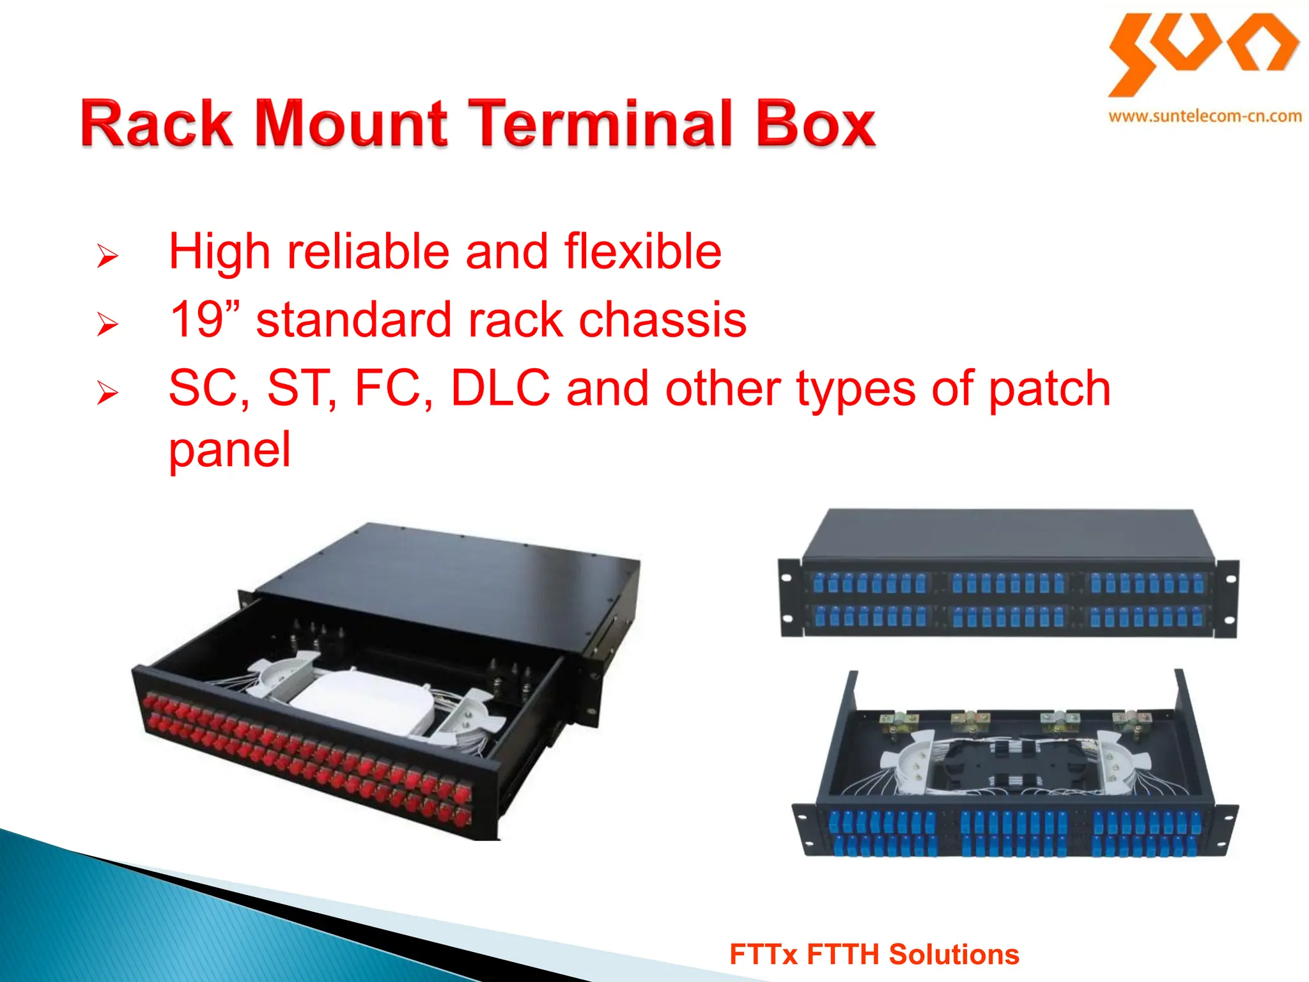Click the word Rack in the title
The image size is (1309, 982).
click(x=157, y=124)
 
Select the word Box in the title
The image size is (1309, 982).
click(x=816, y=124)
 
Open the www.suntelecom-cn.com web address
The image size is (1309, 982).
click(x=1205, y=116)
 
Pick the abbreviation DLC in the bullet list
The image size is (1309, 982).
click(x=500, y=388)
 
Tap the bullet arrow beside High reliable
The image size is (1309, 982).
click(x=107, y=256)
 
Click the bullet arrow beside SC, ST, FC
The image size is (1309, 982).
click(x=107, y=393)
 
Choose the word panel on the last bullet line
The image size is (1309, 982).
click(x=229, y=449)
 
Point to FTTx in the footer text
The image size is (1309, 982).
click(x=763, y=955)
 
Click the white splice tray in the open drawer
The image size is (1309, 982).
click(x=364, y=697)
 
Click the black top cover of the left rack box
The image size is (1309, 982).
click(x=447, y=575)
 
